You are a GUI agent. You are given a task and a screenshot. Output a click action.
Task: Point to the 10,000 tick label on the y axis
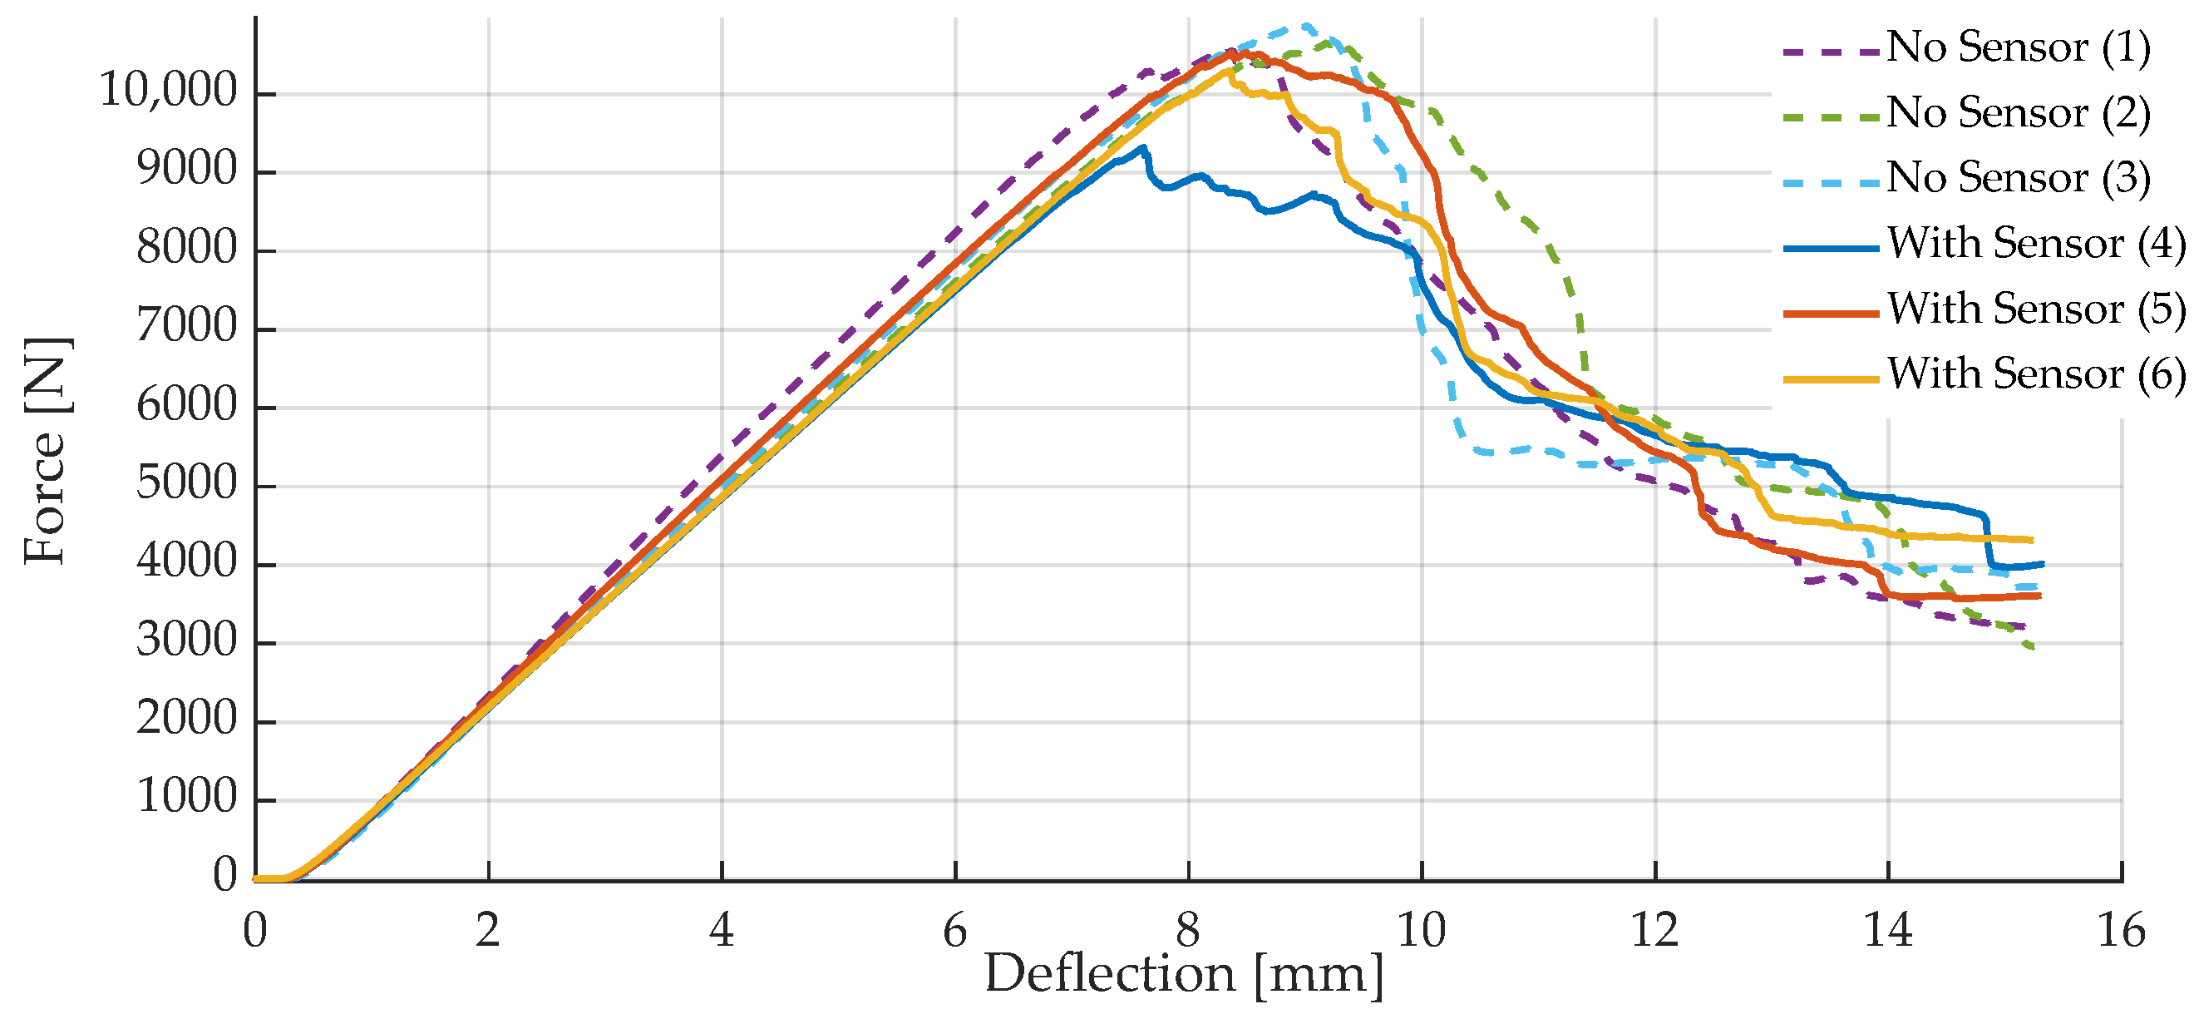pyautogui.click(x=168, y=91)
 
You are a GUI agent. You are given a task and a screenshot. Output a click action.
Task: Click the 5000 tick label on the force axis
pyautogui.click(x=186, y=484)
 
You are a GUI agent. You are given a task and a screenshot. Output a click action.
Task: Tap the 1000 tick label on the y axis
pyautogui.click(x=186, y=798)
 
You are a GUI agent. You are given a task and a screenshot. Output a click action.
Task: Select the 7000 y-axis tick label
pyautogui.click(x=186, y=326)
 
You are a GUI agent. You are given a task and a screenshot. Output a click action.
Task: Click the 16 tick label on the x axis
pyautogui.click(x=2121, y=931)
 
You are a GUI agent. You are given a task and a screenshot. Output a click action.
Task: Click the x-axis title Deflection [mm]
pyautogui.click(x=1184, y=975)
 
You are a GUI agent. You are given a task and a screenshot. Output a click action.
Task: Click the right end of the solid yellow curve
pyautogui.click(x=2032, y=540)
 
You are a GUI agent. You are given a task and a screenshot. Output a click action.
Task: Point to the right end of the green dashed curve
pyautogui.click(x=2034, y=649)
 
